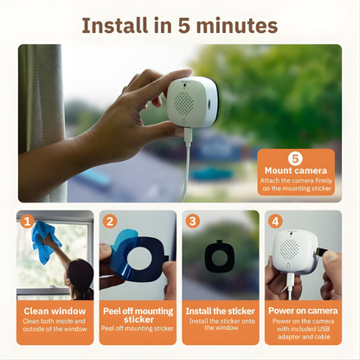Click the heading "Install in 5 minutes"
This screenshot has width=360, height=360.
(180, 23)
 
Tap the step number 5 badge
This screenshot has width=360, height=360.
(293, 158)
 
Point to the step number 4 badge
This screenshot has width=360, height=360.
(275, 221)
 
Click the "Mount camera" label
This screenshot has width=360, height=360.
(294, 170)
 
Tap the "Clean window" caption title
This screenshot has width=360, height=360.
(55, 311)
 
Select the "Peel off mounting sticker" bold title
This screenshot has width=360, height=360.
(138, 315)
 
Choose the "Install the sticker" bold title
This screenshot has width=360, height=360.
(220, 311)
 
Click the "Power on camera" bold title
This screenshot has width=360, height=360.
(303, 311)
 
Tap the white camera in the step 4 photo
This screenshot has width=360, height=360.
(294, 253)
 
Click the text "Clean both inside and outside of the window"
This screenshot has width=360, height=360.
(55, 326)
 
